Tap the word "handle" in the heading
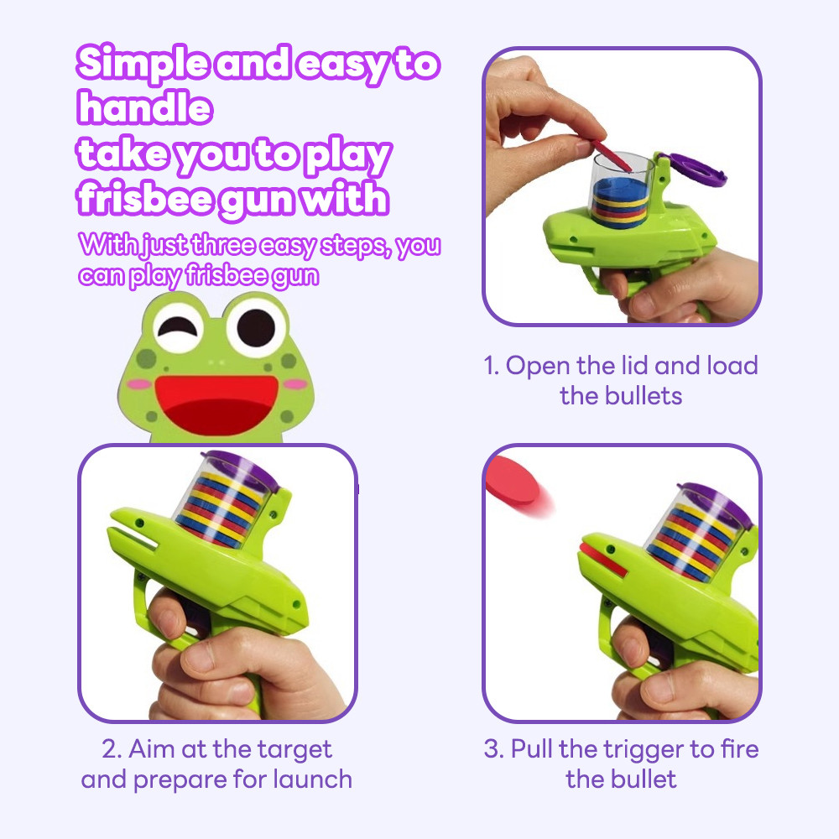[143, 107]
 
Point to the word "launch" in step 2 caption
[311, 779]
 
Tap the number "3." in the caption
[494, 749]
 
